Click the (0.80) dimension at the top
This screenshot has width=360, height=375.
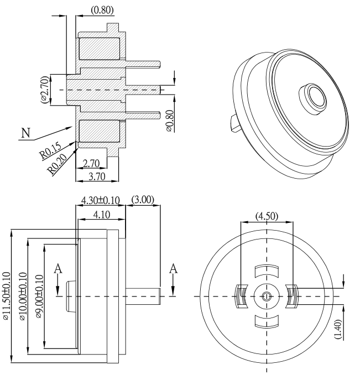click(x=102, y=9)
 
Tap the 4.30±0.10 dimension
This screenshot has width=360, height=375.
click(x=100, y=200)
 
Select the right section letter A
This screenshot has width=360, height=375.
click(x=174, y=268)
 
